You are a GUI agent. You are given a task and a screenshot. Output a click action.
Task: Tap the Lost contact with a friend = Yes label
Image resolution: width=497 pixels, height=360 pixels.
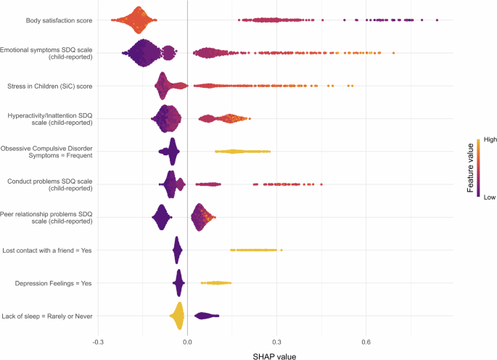(x=52, y=250)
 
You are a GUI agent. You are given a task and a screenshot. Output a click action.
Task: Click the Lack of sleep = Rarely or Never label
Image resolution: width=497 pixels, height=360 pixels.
(x=52, y=316)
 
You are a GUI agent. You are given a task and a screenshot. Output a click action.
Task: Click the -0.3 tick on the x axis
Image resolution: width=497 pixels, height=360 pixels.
(x=98, y=342)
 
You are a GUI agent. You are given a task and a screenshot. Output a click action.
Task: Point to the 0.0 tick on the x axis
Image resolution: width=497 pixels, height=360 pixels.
(x=187, y=342)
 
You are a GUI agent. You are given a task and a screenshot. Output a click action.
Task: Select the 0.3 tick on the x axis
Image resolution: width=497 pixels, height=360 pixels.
(x=276, y=342)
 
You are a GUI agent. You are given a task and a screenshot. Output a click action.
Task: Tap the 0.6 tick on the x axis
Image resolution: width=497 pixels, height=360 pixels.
(x=366, y=342)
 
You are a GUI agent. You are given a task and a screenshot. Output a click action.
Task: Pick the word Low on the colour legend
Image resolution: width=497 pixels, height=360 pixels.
(x=481, y=205)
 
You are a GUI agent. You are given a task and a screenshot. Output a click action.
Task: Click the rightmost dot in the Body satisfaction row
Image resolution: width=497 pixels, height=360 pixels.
(x=437, y=20)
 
